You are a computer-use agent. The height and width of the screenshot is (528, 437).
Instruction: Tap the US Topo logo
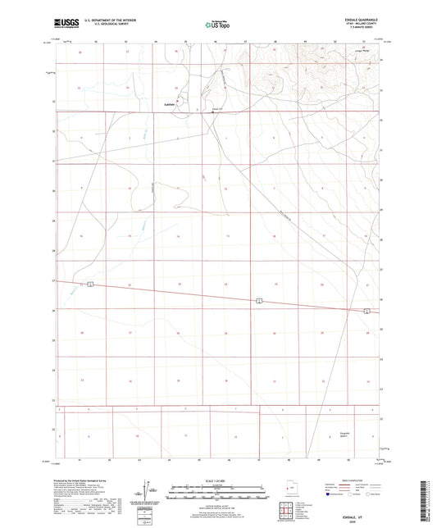coord(216,25)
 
